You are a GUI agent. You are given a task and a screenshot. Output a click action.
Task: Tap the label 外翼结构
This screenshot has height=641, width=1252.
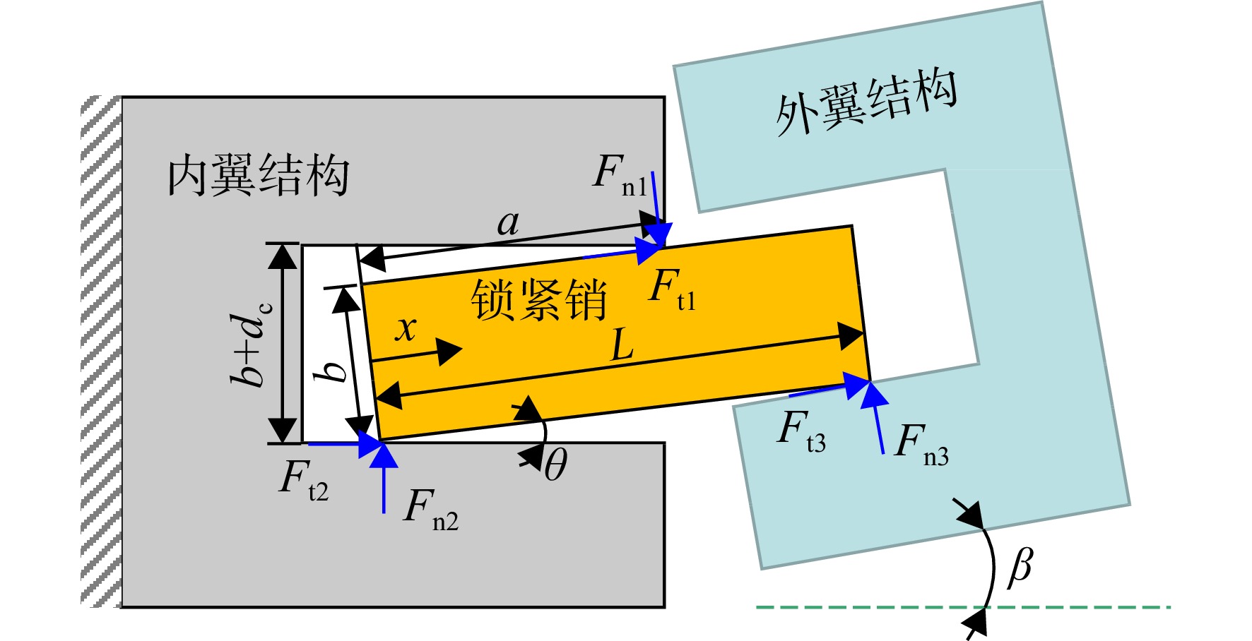click(x=866, y=103)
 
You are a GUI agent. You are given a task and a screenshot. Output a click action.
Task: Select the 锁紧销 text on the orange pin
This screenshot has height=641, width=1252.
click(x=538, y=299)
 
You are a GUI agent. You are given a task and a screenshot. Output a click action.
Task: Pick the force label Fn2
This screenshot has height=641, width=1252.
click(x=431, y=508)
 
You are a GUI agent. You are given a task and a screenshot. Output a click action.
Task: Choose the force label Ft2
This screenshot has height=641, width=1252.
click(x=304, y=480)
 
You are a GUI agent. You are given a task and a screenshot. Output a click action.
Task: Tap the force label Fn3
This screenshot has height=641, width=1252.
click(x=921, y=445)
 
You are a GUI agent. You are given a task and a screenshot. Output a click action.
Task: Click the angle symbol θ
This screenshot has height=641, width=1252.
click(x=556, y=465)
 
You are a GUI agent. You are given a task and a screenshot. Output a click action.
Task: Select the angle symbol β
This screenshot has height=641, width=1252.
click(x=1020, y=567)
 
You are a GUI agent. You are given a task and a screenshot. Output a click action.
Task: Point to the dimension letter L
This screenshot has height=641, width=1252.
click(x=622, y=347)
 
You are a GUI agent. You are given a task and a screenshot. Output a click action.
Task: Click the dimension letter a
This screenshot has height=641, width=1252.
click(x=508, y=224)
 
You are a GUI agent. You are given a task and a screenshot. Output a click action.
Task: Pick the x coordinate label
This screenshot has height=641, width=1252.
click(x=406, y=328)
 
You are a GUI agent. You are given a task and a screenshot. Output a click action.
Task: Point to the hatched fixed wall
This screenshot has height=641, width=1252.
click(x=101, y=352)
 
